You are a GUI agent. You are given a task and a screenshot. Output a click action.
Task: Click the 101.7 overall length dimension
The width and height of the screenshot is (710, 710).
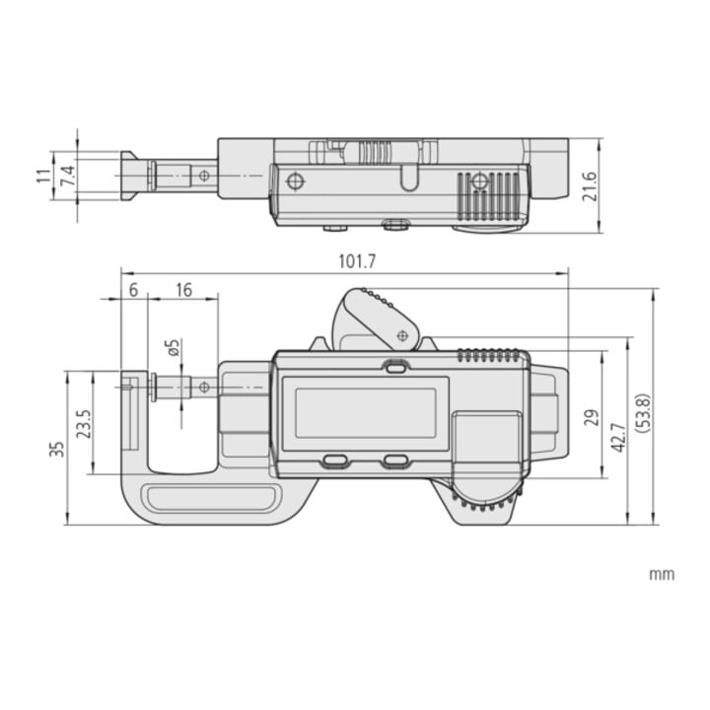[357, 261]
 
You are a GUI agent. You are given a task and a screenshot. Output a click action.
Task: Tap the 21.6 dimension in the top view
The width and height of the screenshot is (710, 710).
[589, 186]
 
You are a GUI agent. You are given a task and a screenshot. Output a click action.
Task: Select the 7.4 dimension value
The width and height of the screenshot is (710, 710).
[68, 176]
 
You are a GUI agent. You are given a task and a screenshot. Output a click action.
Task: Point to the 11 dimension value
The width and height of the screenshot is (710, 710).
[44, 176]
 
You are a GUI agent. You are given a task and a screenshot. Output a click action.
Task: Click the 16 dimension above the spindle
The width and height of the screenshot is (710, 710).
[183, 290]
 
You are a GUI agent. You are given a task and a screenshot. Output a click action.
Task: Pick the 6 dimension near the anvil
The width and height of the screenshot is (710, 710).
[133, 290]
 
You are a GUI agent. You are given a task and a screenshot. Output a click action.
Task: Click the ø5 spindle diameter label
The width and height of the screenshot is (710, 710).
[174, 347]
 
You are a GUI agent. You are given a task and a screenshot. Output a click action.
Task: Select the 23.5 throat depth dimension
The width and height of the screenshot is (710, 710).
[84, 423]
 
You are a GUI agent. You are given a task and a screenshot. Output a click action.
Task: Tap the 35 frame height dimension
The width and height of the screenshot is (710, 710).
[57, 450]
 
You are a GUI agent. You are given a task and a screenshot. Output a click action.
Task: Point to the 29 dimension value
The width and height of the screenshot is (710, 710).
[592, 417]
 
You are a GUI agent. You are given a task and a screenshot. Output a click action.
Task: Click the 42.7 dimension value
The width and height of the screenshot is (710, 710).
[618, 438]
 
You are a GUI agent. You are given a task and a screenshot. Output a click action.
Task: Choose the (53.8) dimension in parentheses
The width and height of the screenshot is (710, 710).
[643, 413]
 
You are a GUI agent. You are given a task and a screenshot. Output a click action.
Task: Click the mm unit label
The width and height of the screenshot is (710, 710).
[662, 575]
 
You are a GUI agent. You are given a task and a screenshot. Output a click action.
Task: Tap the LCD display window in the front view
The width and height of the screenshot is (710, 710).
[366, 413]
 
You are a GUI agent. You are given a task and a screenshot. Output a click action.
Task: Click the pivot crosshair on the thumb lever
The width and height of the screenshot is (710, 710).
[402, 336]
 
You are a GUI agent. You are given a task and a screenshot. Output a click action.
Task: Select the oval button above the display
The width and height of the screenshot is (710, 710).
[396, 366]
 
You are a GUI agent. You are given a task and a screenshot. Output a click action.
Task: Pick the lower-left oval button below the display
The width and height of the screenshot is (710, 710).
[335, 461]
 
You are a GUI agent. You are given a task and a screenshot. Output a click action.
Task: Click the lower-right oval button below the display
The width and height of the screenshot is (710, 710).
[396, 461]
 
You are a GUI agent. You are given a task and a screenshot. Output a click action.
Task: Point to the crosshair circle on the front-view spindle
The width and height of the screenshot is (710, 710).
[204, 388]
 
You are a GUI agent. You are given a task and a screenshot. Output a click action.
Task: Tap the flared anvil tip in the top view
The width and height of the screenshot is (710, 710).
[129, 176]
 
